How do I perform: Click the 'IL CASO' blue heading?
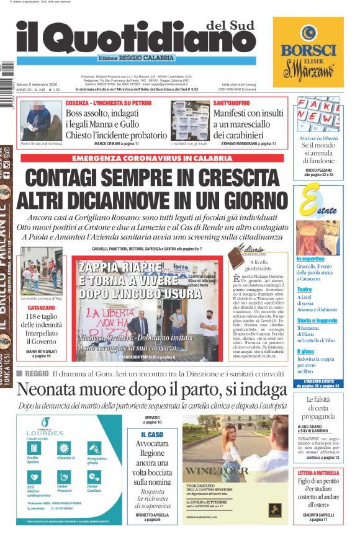click(151, 435)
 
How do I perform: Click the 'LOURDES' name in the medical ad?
click(44, 432)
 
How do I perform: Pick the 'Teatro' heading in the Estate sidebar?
click(304, 290)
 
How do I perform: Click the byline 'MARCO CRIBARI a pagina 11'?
click(116, 143)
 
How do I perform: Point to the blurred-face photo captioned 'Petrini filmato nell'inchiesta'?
click(41, 120)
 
